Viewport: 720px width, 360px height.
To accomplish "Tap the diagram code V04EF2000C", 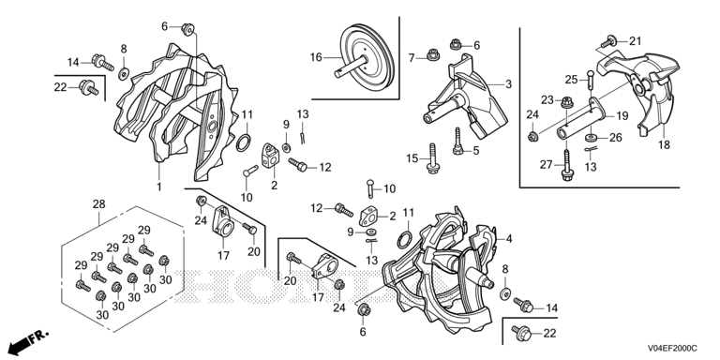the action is [x=672, y=349].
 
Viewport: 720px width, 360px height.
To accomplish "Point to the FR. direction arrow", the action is [x=27, y=340].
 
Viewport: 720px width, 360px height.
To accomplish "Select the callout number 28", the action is [x=99, y=203].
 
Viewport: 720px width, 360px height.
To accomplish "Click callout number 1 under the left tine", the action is [x=159, y=187].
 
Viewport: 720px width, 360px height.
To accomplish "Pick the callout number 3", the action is [x=508, y=84].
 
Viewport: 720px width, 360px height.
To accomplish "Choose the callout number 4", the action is [x=509, y=239].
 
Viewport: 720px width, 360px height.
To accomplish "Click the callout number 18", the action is [x=664, y=145].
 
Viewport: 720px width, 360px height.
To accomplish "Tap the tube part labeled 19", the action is [x=580, y=121].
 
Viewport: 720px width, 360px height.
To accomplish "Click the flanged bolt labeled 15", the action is [x=431, y=158].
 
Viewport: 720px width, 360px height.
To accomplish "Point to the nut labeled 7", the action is [x=432, y=54].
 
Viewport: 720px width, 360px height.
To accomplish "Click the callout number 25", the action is [x=571, y=80].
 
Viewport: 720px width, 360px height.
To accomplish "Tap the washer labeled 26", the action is [x=591, y=137].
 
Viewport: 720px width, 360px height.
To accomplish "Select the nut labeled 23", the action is [x=566, y=101].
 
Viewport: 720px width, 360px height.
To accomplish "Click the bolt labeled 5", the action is [x=457, y=142].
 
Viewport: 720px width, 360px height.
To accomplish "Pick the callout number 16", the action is [x=316, y=57].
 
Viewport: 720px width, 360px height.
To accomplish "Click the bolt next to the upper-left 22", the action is [x=89, y=87].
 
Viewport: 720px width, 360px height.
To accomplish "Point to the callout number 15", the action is [x=412, y=158].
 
